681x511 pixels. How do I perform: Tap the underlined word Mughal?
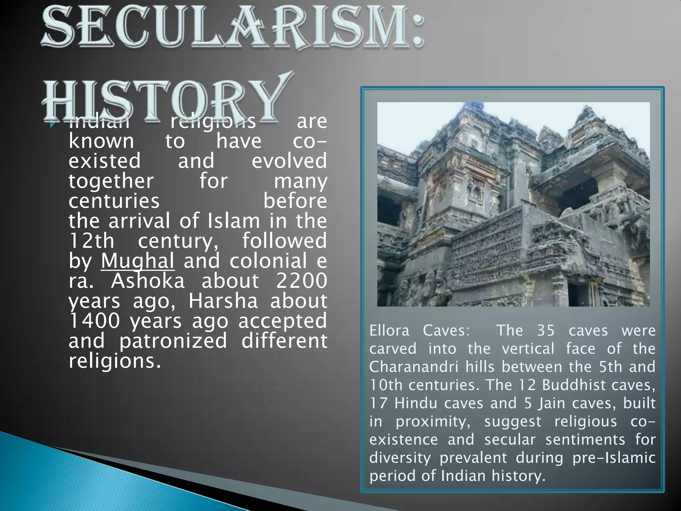(138, 261)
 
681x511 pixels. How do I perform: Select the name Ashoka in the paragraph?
(148, 281)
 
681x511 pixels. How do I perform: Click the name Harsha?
(223, 301)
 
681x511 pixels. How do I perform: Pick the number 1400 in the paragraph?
(94, 321)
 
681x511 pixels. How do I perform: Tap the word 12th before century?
(91, 241)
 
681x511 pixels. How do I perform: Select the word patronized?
(173, 341)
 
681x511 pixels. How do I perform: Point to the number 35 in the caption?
(546, 331)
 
